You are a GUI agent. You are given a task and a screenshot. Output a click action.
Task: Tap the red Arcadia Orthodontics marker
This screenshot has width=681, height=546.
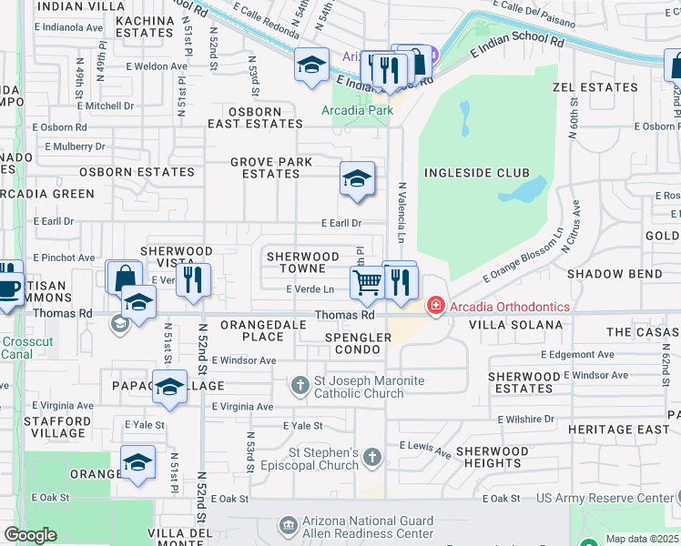pyautogui.click(x=436, y=306)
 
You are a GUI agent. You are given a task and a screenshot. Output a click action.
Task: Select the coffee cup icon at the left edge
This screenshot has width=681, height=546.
pyautogui.click(x=8, y=289)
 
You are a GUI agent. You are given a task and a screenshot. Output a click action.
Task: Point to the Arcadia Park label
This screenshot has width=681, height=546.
pyautogui.click(x=357, y=110)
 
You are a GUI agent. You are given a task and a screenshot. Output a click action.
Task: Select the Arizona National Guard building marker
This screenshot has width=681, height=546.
pyautogui.click(x=288, y=526)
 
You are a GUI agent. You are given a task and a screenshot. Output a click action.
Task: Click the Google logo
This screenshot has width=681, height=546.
pyautogui.click(x=30, y=535)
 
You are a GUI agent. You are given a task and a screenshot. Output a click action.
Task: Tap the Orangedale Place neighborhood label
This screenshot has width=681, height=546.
pyautogui.click(x=252, y=330)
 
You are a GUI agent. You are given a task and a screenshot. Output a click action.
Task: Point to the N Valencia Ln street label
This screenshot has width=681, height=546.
pyautogui.click(x=401, y=211)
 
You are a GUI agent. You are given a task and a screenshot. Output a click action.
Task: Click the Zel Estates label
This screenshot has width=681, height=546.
pyautogui.click(x=595, y=87)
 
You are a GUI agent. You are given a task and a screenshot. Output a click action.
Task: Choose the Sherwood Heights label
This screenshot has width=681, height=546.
pyautogui.click(x=492, y=457)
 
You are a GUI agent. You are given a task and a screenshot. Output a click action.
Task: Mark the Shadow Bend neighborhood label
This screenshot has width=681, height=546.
pyautogui.click(x=614, y=274)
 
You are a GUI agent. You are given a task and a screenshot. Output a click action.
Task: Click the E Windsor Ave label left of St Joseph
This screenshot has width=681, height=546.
pyautogui.click(x=243, y=360)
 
